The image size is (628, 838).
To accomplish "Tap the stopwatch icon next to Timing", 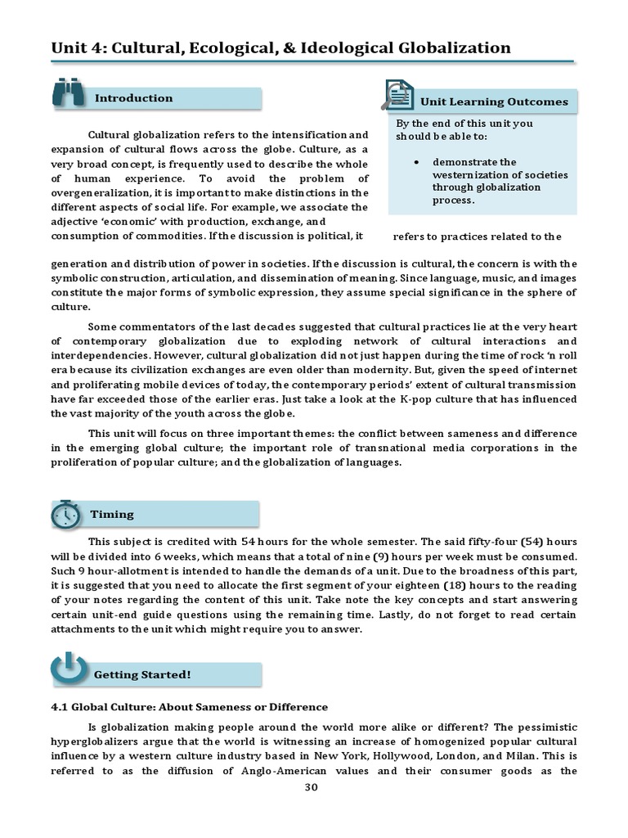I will pyautogui.click(x=65, y=514).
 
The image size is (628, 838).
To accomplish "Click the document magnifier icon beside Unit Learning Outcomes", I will pyautogui.click(x=397, y=95).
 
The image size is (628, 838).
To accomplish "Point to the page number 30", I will pyautogui.click(x=310, y=787).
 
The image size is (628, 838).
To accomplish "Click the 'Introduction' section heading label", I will pyautogui.click(x=134, y=98).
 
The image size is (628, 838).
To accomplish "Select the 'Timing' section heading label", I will pyautogui.click(x=112, y=514).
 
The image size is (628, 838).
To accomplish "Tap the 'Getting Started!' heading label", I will pyautogui.click(x=142, y=674).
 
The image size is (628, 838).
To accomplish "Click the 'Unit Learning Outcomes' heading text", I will pyautogui.click(x=494, y=101).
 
